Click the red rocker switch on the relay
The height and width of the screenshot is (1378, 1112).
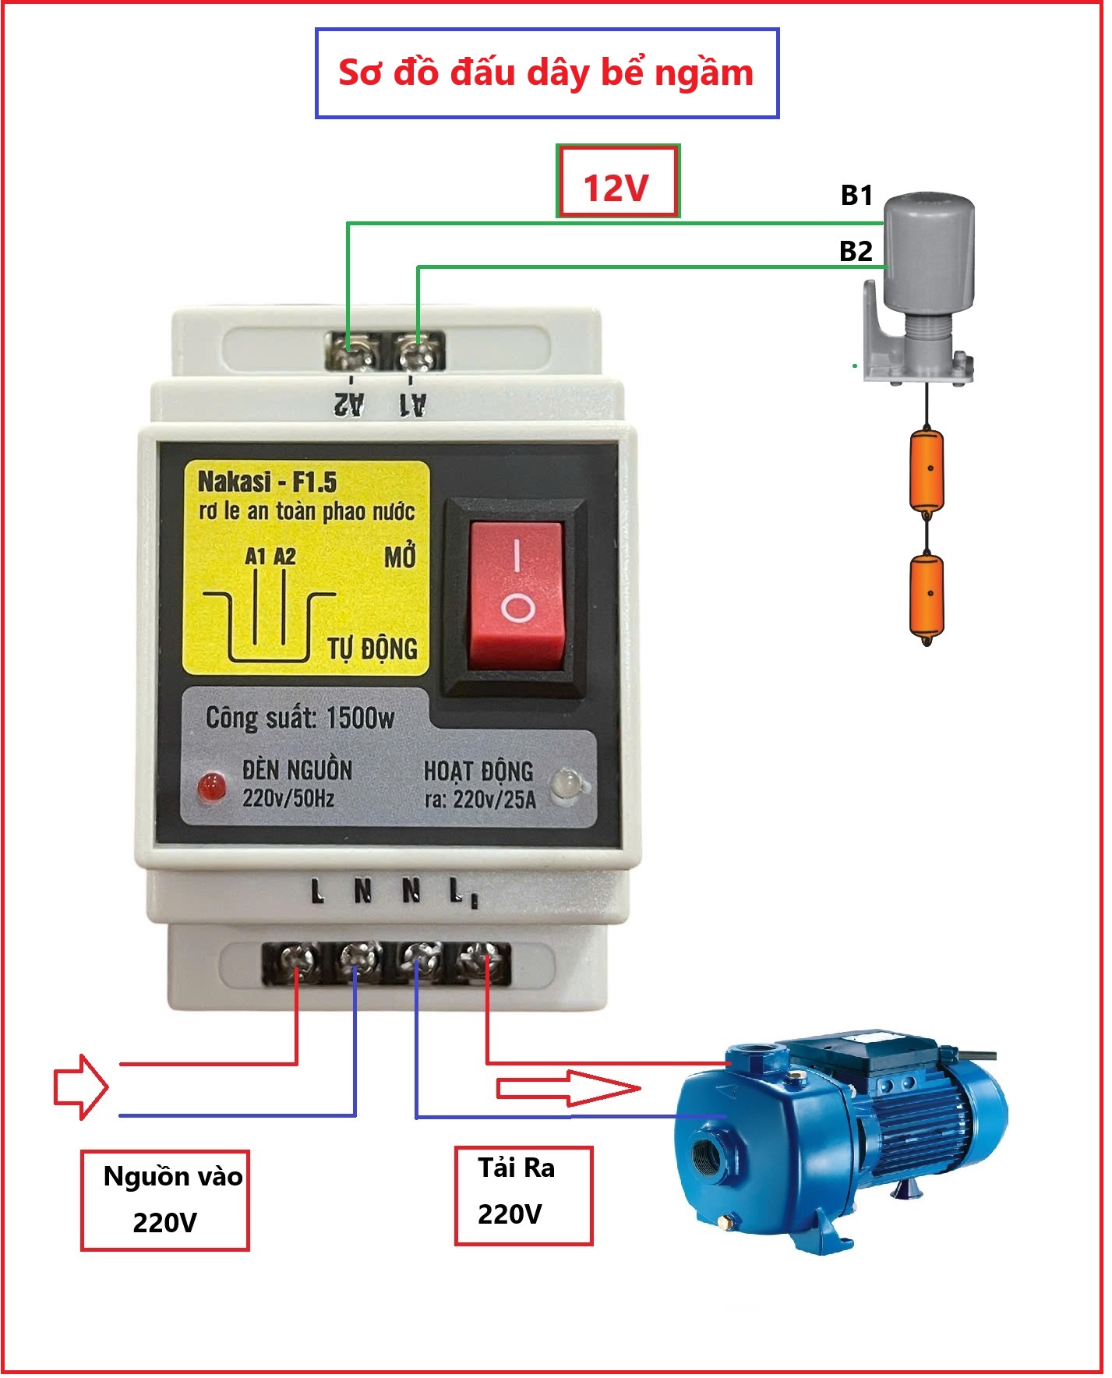click(515, 595)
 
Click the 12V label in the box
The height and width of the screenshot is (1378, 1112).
click(617, 188)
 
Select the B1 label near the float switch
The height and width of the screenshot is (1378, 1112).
click(856, 195)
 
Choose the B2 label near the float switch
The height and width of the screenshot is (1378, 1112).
click(856, 251)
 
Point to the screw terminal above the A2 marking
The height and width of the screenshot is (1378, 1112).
click(351, 352)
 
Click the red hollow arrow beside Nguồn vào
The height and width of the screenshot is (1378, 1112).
click(80, 1087)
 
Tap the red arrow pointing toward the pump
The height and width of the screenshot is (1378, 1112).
click(568, 1088)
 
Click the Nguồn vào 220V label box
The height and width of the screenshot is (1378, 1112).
click(165, 1200)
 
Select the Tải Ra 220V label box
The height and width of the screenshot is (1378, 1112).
click(524, 1195)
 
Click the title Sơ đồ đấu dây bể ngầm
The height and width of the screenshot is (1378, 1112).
click(546, 72)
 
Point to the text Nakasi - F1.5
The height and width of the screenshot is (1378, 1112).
click(267, 482)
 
